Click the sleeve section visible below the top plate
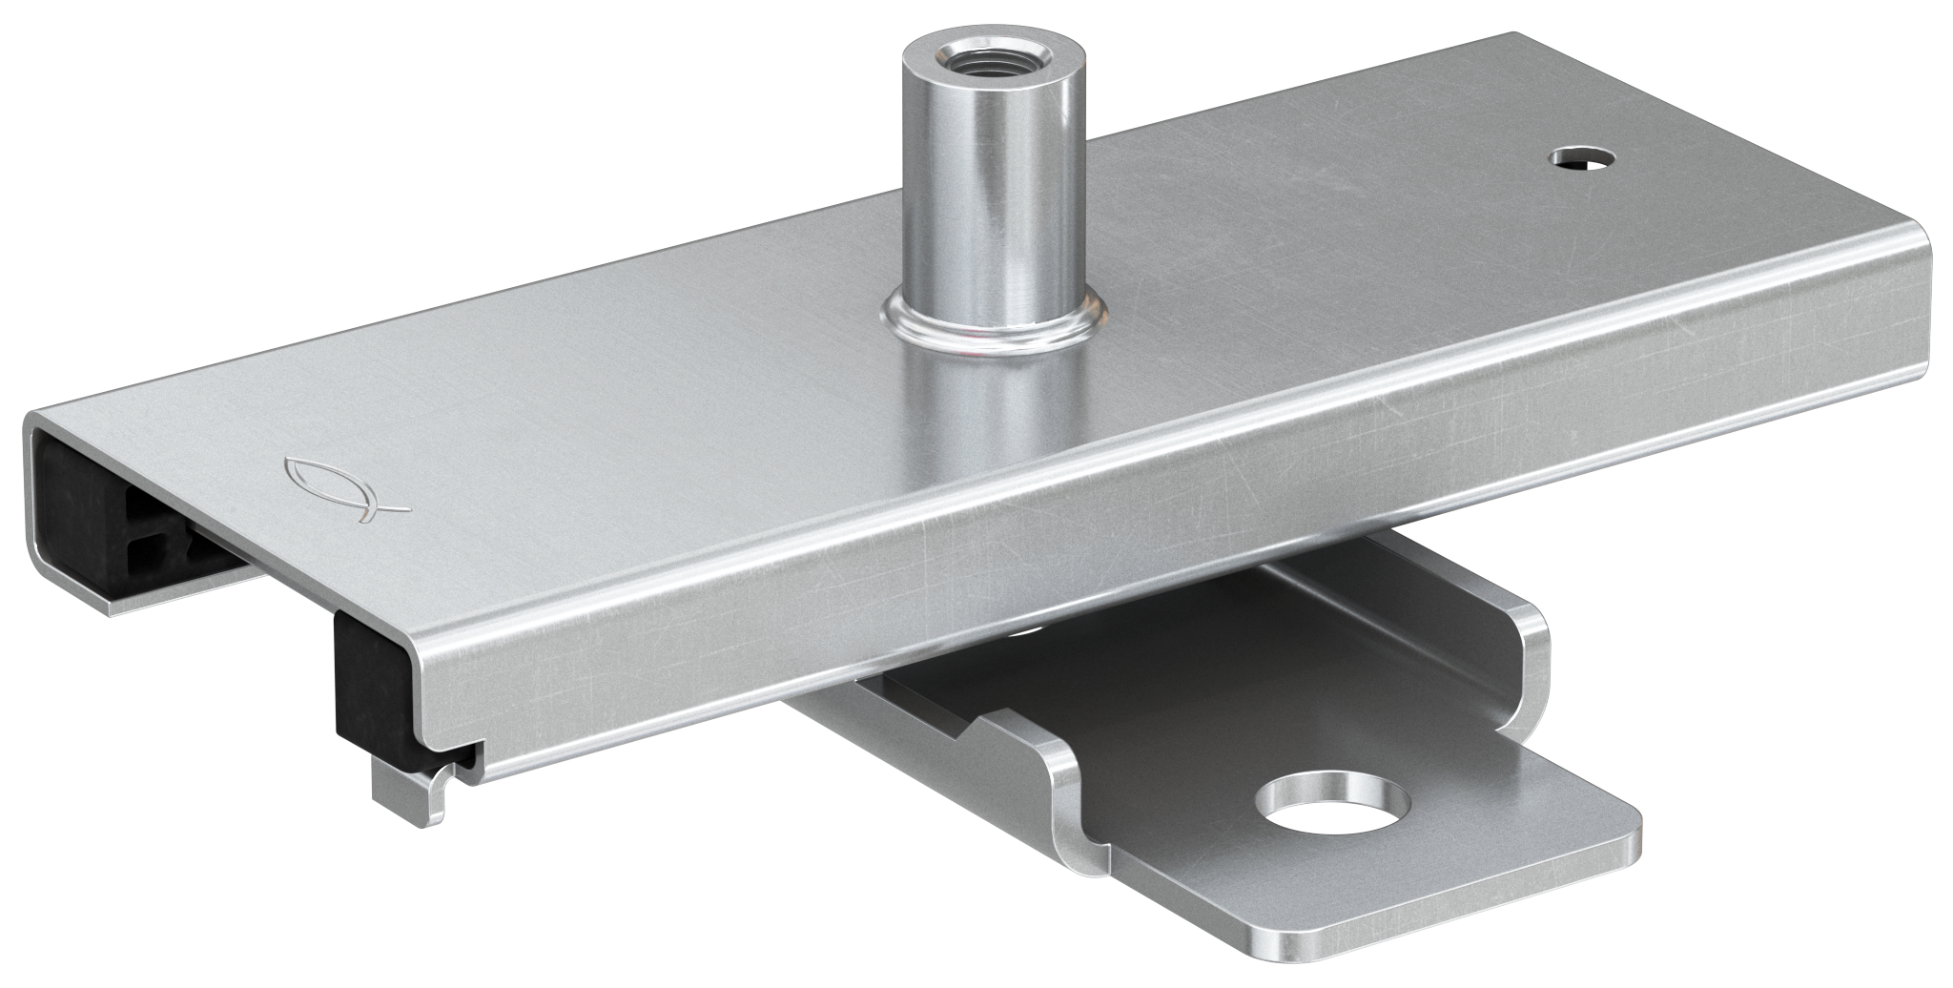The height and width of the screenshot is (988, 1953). (997, 429)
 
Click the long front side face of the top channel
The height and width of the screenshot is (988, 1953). (1144, 534)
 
